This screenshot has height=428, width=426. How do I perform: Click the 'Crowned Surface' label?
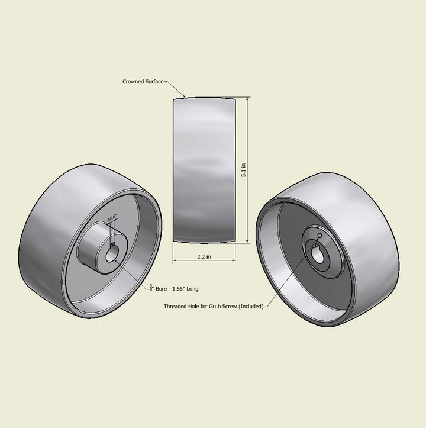(x=143, y=82)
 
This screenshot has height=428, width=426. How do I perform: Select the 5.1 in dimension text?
(x=243, y=170)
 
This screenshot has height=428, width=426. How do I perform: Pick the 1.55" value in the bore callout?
(x=179, y=289)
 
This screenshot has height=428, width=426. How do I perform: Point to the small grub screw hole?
(x=319, y=236)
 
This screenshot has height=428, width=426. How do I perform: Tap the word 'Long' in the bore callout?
(x=192, y=289)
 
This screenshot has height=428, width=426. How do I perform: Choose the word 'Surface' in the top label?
(x=153, y=82)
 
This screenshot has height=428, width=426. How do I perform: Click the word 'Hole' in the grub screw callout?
(x=195, y=307)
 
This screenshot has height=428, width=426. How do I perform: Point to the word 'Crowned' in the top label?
(x=133, y=82)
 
